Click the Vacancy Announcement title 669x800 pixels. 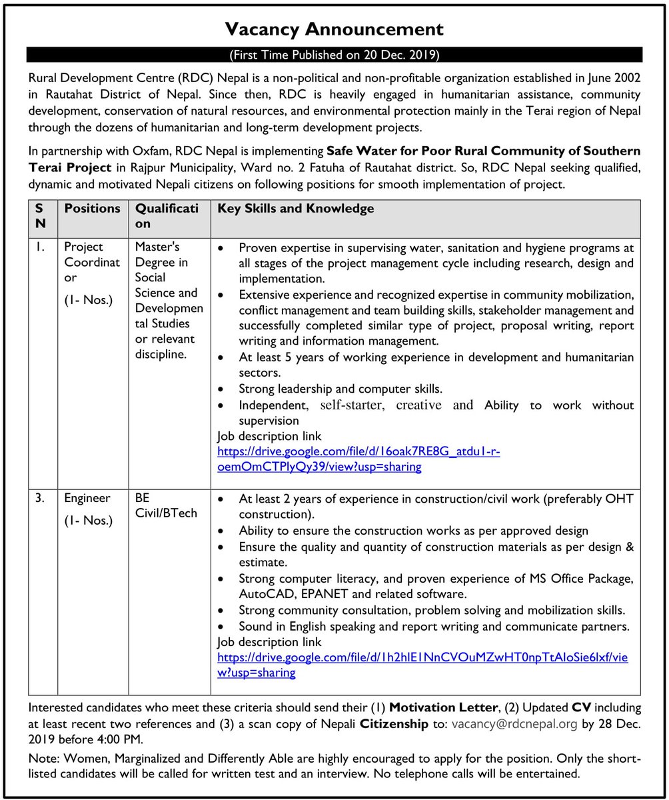point(334,29)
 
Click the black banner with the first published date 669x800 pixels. point(334,55)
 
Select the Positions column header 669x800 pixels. point(92,209)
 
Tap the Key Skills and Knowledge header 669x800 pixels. point(296,209)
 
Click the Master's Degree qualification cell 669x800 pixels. point(169,300)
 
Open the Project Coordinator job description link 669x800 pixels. point(358,459)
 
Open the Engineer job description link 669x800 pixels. point(422,665)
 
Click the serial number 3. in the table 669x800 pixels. point(41,498)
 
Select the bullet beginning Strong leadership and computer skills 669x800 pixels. point(340,389)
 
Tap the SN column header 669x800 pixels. point(41,216)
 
